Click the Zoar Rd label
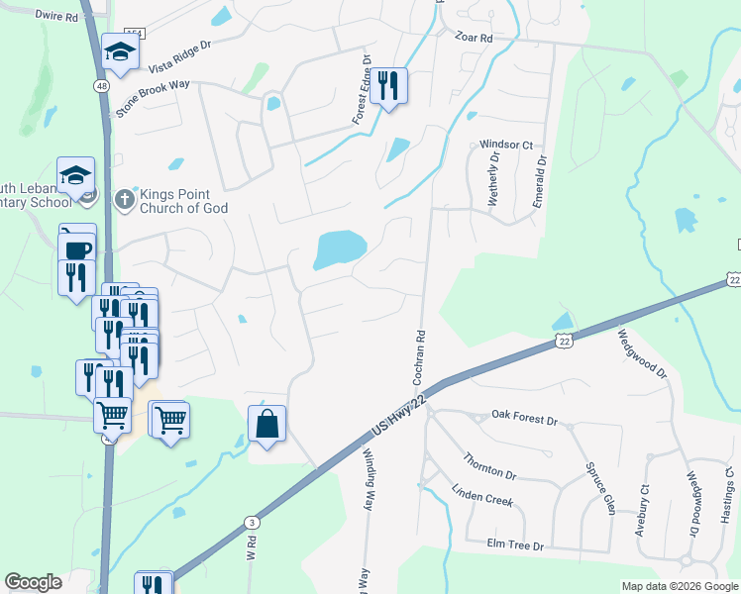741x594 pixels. (x=474, y=38)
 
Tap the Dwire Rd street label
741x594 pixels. (x=55, y=16)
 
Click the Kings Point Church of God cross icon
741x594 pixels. (x=124, y=199)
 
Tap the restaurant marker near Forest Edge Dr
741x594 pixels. (x=387, y=85)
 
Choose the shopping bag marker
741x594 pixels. (x=266, y=425)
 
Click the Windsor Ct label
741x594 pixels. (x=506, y=145)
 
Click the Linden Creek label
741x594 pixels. (x=482, y=494)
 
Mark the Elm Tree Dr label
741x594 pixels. (x=515, y=545)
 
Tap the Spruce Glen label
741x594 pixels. (x=600, y=488)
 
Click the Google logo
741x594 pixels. (x=33, y=582)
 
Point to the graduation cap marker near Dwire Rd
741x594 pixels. (x=120, y=52)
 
